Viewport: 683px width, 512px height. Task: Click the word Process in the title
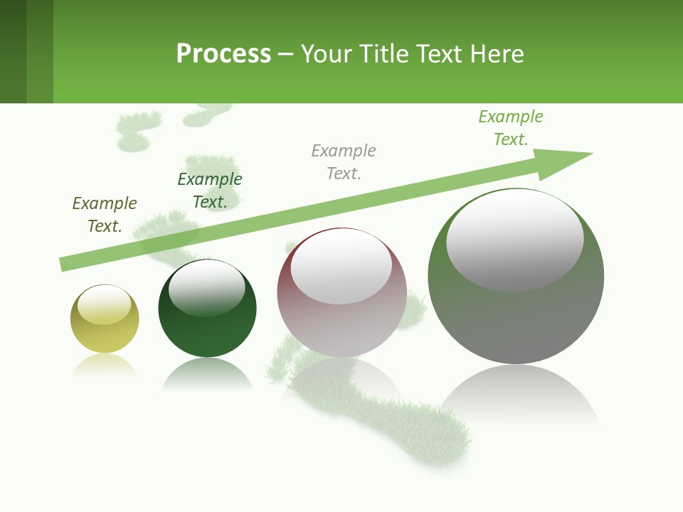223,54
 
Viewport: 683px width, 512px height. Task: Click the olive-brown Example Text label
105,215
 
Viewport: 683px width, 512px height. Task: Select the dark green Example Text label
210,191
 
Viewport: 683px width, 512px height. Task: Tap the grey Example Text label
344,162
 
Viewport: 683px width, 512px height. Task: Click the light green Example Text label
511,128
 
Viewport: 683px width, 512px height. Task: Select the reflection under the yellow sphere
105,364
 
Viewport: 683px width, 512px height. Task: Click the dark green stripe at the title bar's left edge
13,51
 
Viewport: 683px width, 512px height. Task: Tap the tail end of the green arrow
65,264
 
